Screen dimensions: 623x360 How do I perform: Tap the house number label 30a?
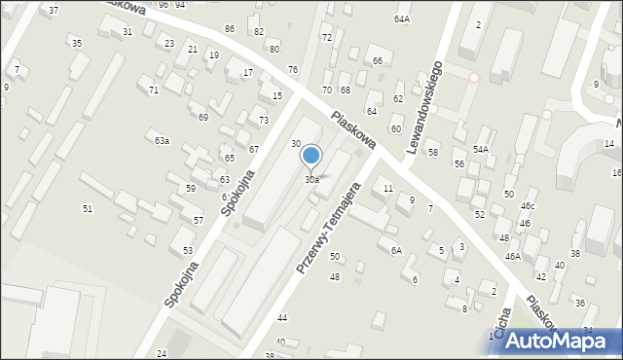tap(311, 180)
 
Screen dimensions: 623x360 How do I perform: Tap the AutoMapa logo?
tap(556, 339)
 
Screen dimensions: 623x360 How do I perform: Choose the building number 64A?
tap(402, 18)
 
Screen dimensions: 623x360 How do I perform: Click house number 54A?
tap(480, 149)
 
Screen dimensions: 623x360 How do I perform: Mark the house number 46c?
tap(528, 206)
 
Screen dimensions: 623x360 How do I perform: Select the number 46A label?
tap(512, 256)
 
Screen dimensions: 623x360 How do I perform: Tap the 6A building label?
tap(396, 250)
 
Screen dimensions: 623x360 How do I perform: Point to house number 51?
tap(88, 208)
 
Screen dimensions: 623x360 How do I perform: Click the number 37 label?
tap(54, 10)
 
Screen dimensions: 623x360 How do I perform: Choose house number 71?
tap(154, 90)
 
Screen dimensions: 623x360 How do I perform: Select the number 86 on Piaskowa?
tap(230, 28)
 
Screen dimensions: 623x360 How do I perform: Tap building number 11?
tap(387, 188)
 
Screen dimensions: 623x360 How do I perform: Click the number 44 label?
tap(282, 318)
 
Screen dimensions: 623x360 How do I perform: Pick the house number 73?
tap(264, 120)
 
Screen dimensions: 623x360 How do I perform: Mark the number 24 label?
tap(162, 352)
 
